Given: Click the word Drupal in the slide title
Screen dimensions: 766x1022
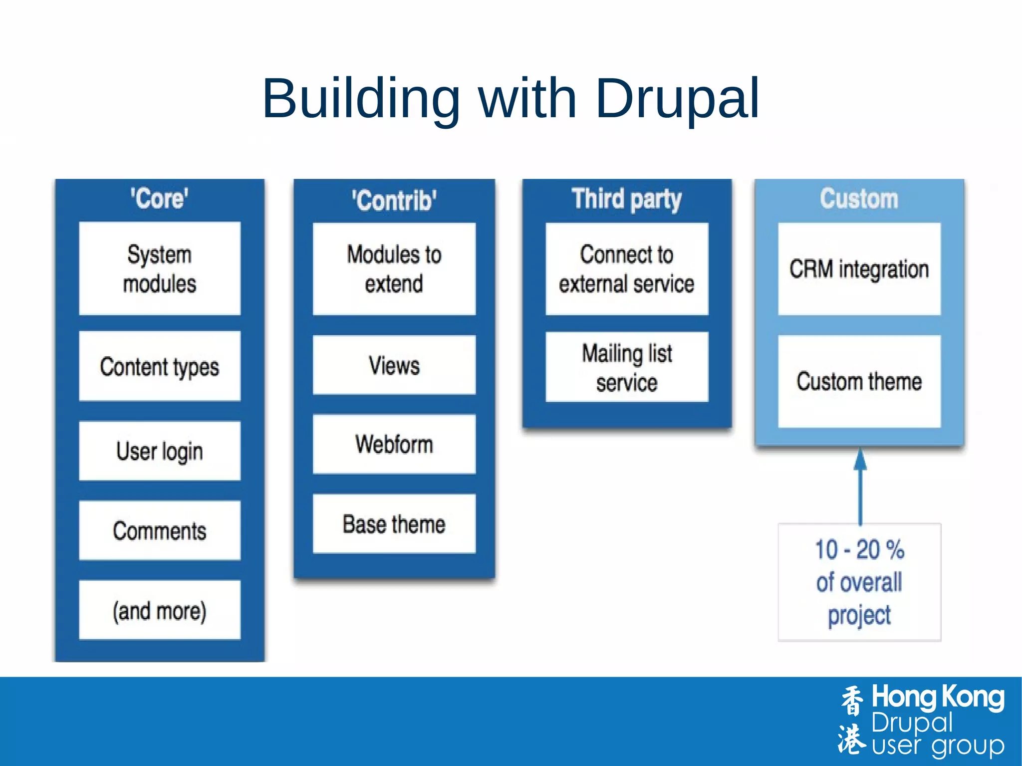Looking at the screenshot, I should [677, 99].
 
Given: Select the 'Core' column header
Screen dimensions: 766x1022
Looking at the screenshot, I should [159, 199].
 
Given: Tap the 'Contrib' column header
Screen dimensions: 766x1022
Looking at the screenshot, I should [394, 201].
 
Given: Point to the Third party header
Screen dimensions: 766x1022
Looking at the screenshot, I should [626, 199].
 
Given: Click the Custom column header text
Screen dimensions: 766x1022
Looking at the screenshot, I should [859, 199].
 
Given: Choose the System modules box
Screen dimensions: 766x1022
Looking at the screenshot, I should [159, 268].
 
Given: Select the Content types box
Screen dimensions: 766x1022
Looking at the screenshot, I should [159, 366].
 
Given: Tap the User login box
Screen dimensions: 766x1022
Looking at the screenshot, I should [159, 451].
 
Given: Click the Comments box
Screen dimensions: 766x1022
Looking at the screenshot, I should [159, 530].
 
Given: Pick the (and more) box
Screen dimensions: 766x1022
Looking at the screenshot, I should [159, 610].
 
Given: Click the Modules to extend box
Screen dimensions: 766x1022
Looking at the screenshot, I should [394, 268].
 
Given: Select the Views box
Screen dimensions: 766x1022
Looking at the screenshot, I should [394, 365].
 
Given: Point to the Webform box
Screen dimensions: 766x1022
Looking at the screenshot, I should [394, 444].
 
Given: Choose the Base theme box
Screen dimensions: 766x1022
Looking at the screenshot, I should [394, 523].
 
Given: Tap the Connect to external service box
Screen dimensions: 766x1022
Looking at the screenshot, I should [626, 268].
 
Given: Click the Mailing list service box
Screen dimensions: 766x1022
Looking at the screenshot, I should [626, 367].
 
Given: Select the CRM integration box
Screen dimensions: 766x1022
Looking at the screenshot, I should [859, 268].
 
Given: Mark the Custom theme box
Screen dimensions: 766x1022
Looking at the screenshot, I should [859, 381].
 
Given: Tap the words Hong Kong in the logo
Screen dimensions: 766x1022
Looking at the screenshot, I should [937, 697].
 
